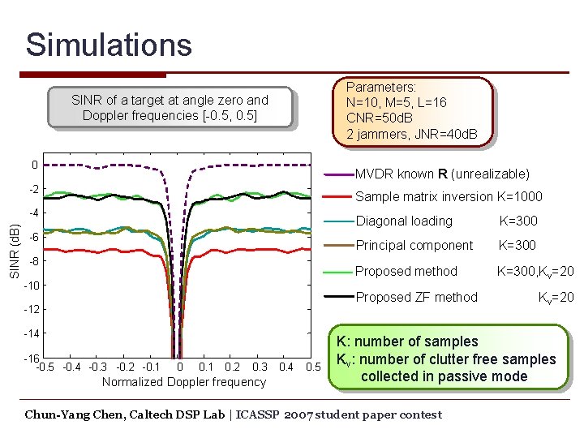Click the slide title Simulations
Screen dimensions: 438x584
point(109,45)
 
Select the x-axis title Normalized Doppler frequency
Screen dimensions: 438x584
point(184,382)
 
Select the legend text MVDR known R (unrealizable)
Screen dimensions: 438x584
point(442,174)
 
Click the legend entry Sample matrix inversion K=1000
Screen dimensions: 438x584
point(449,196)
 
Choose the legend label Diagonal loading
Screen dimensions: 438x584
point(404,221)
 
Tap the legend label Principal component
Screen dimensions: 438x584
point(414,245)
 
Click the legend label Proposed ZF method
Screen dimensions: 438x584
point(416,297)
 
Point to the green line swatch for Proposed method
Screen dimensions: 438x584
point(338,272)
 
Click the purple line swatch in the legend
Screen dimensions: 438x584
point(338,174)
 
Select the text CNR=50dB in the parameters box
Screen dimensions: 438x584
point(380,118)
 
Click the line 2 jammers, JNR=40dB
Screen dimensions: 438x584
point(411,134)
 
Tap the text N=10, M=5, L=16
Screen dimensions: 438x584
point(396,102)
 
